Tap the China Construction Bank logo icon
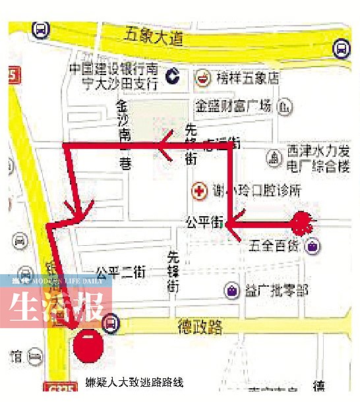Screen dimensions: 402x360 pos(173,77)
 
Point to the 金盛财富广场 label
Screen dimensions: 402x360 pos(233,105)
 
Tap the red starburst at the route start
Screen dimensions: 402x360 pos(301,223)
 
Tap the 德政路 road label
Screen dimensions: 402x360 pos(200,326)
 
